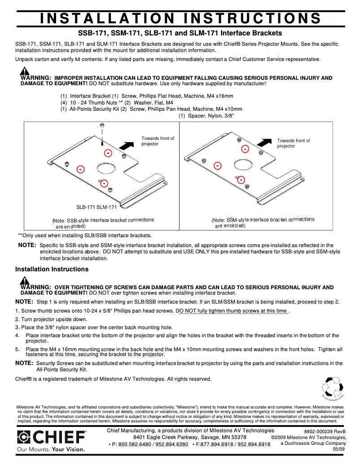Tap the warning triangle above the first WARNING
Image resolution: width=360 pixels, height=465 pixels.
click(x=25, y=71)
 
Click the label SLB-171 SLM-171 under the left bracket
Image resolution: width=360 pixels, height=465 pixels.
click(x=96, y=207)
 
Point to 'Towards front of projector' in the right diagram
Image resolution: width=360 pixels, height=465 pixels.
click(x=293, y=143)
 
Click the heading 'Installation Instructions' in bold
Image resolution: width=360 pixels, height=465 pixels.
click(x=52, y=269)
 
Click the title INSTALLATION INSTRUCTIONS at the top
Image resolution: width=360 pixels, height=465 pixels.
click(x=180, y=18)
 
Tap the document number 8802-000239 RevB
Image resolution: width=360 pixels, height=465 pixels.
click(x=325, y=431)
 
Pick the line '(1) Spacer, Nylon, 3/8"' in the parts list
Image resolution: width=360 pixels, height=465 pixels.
click(x=206, y=116)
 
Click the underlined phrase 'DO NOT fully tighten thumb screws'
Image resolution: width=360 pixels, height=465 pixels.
click(x=233, y=311)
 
